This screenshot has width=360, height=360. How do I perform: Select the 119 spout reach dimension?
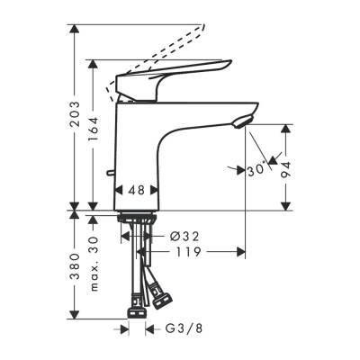point(186,253)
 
